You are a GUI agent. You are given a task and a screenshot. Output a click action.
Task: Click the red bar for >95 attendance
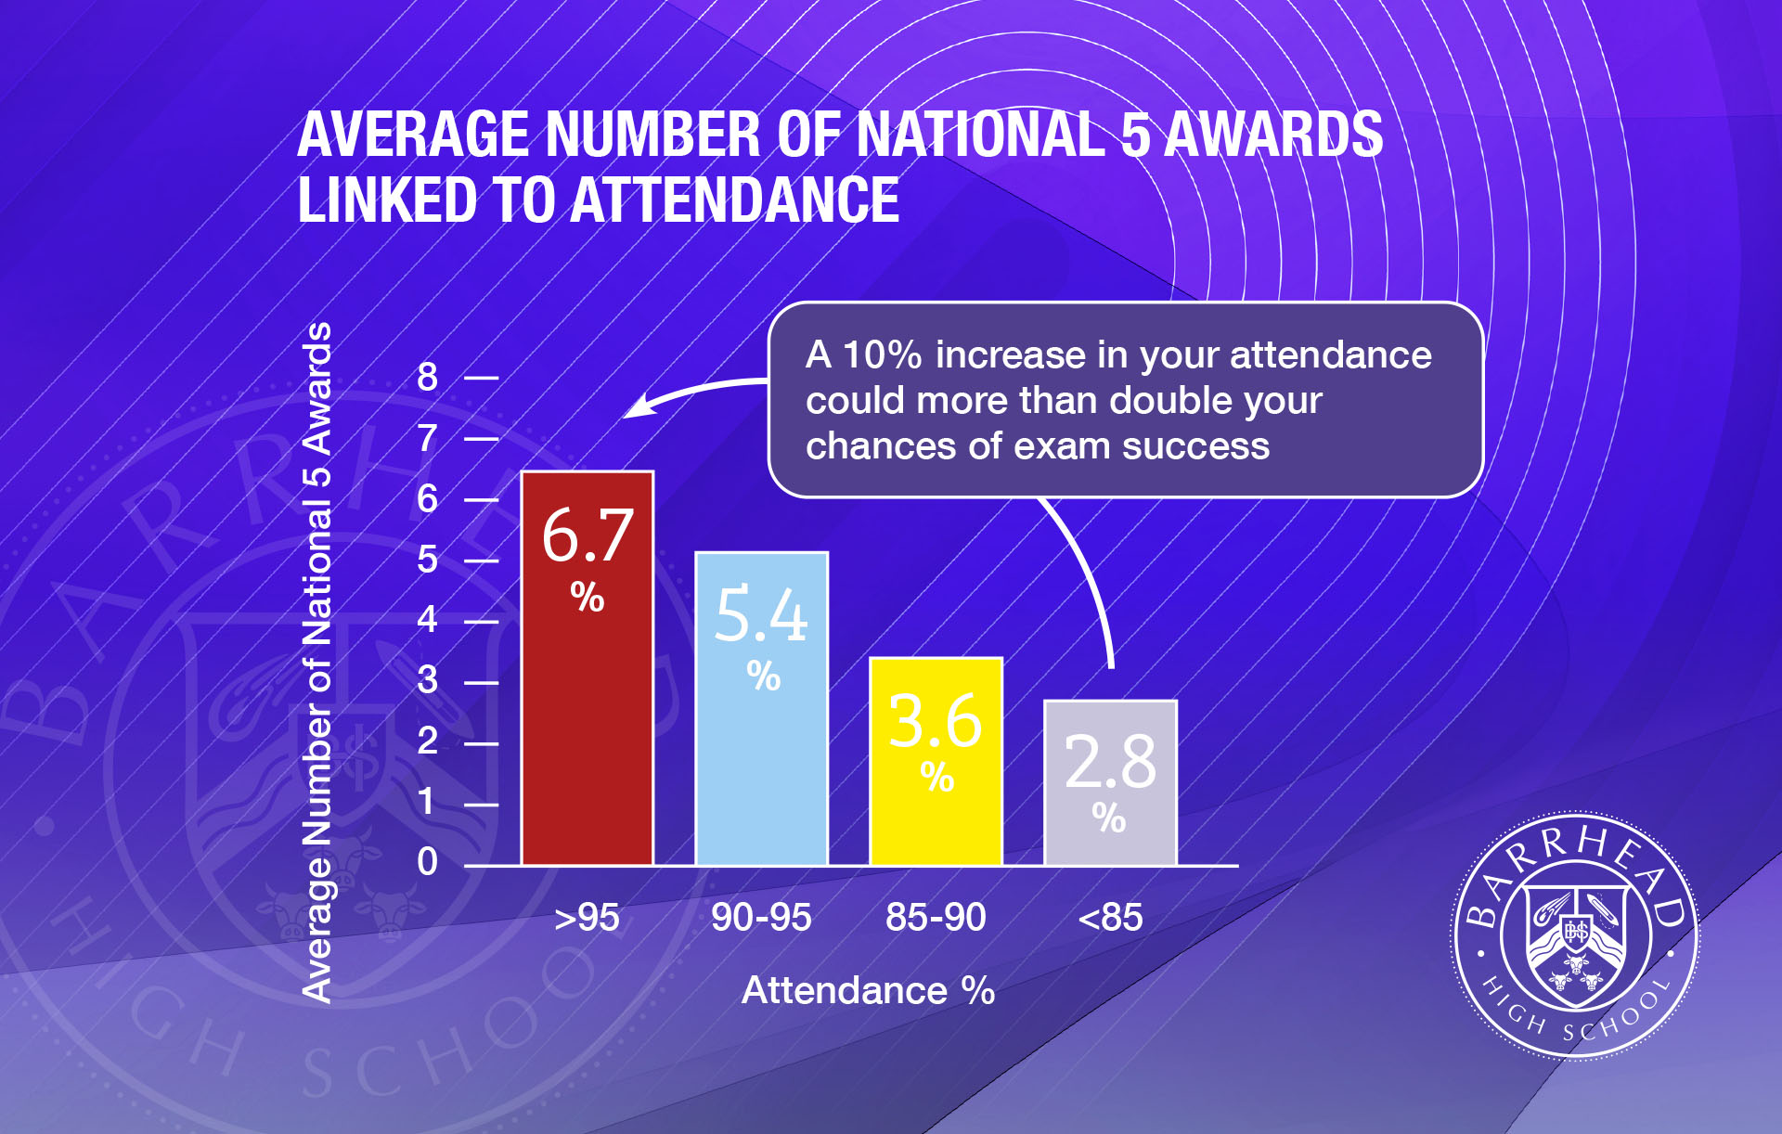587,724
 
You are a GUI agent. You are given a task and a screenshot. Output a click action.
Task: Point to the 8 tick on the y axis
427,378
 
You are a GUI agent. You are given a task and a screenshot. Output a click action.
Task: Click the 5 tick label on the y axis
427,560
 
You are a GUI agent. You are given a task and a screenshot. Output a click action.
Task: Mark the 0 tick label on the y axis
427,862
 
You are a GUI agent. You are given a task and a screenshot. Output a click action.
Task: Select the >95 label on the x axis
587,918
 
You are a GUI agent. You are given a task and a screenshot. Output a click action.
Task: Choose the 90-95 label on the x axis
761,918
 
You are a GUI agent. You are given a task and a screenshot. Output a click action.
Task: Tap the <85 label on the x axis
1110,918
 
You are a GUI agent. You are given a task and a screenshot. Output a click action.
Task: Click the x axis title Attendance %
868,991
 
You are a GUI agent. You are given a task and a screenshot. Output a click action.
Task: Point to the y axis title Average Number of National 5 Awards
317,662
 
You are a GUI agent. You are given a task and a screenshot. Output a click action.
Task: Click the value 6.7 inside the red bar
587,536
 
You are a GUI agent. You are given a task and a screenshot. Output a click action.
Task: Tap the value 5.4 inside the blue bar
761,615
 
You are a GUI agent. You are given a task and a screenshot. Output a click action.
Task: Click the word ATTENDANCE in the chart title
735,200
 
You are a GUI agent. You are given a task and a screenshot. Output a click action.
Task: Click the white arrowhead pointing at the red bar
636,408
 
